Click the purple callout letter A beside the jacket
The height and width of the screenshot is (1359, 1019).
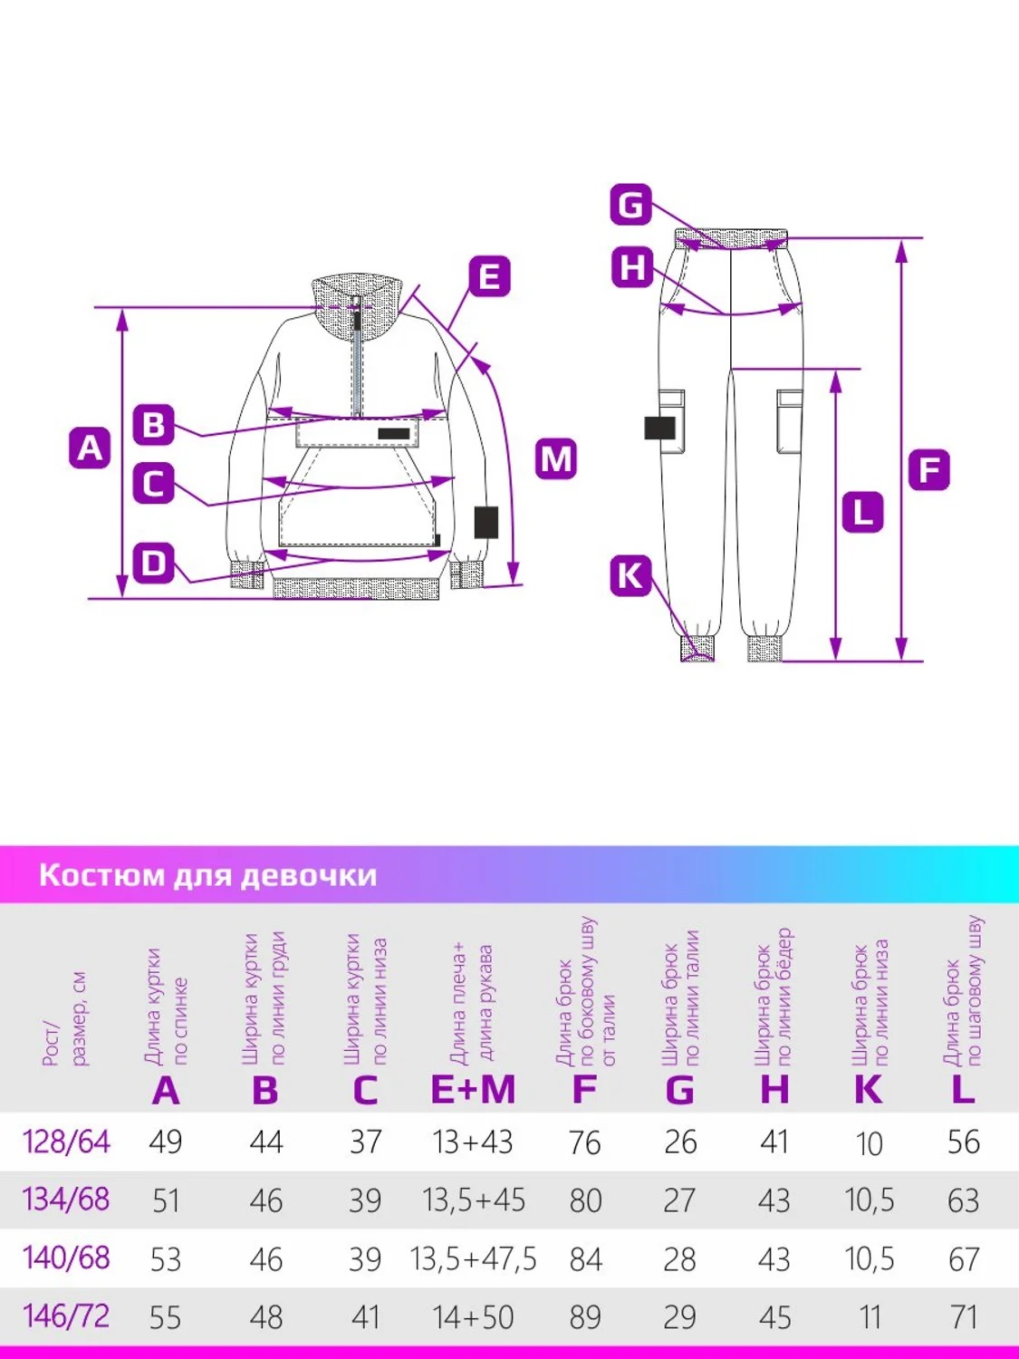click(x=90, y=448)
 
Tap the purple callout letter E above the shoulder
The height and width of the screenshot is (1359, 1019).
click(x=489, y=276)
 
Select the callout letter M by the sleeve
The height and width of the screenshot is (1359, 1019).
click(x=556, y=459)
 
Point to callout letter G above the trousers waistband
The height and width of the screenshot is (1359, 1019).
click(x=630, y=205)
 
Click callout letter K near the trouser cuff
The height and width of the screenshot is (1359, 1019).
click(x=630, y=575)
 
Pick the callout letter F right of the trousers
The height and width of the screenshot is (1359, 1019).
click(x=929, y=470)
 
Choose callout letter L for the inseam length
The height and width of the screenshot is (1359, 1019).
click(x=862, y=512)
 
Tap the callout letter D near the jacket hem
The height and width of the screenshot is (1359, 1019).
click(x=153, y=563)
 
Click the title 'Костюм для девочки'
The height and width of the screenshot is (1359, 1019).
click(x=207, y=875)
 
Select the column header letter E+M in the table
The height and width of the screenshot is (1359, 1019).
click(x=473, y=1090)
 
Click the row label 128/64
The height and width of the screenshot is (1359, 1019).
click(x=66, y=1142)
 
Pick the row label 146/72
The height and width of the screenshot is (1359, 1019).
click(x=66, y=1316)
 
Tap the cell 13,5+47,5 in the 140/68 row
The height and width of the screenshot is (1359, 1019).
click(x=473, y=1258)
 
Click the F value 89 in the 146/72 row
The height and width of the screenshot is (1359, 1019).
click(x=585, y=1316)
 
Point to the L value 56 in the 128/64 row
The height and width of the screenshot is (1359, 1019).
click(x=963, y=1142)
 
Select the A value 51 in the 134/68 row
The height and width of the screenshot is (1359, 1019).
click(x=166, y=1200)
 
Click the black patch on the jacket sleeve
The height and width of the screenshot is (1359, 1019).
click(x=486, y=523)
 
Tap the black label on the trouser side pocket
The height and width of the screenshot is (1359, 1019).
click(x=660, y=428)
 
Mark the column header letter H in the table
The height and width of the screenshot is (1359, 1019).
click(x=774, y=1090)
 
